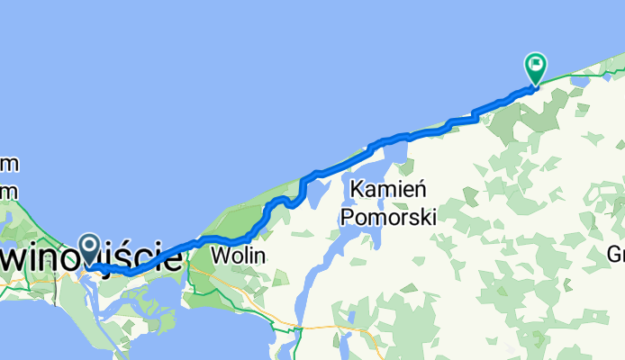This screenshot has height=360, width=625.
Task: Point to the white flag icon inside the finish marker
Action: pyautogui.click(x=536, y=63)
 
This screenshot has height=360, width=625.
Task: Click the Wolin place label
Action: pyautogui.click(x=239, y=256)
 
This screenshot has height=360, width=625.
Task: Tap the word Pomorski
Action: pyautogui.click(x=388, y=217)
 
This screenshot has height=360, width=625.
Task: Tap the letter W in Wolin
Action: pyautogui.click(x=219, y=256)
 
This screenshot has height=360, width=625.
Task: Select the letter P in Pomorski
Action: pyautogui.click(x=348, y=217)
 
